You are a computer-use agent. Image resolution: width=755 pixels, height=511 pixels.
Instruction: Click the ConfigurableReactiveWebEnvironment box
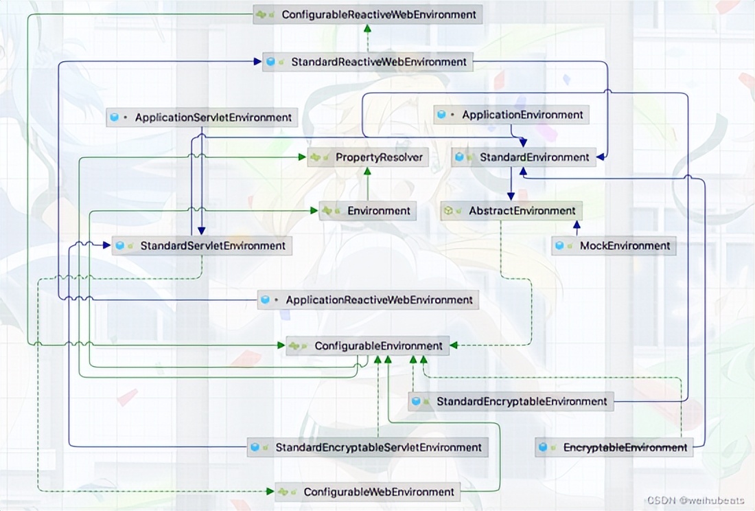367,14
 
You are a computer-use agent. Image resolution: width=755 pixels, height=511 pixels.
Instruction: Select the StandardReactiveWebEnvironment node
367,62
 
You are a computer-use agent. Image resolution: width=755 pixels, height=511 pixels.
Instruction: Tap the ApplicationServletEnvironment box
202,117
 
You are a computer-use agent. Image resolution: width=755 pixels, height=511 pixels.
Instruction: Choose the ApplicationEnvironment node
511,115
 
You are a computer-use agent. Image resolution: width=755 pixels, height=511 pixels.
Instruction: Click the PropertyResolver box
368,157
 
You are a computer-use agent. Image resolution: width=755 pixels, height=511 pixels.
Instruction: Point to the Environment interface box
368,211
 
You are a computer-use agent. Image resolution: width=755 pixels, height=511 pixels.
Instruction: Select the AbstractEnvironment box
511,211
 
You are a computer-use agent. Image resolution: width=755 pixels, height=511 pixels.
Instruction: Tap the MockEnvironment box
614,245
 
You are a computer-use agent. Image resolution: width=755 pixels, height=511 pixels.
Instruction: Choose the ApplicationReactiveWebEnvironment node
368,299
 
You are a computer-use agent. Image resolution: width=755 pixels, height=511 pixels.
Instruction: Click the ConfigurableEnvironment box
368,346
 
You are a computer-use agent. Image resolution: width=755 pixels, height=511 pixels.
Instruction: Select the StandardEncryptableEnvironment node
511,401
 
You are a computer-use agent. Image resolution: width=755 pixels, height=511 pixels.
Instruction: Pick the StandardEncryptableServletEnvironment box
368,447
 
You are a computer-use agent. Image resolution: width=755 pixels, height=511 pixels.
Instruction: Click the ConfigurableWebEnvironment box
368,492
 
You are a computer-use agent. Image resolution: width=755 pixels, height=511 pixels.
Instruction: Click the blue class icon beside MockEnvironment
560,245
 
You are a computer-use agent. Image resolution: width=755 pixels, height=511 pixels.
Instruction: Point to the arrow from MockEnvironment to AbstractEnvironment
577,228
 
